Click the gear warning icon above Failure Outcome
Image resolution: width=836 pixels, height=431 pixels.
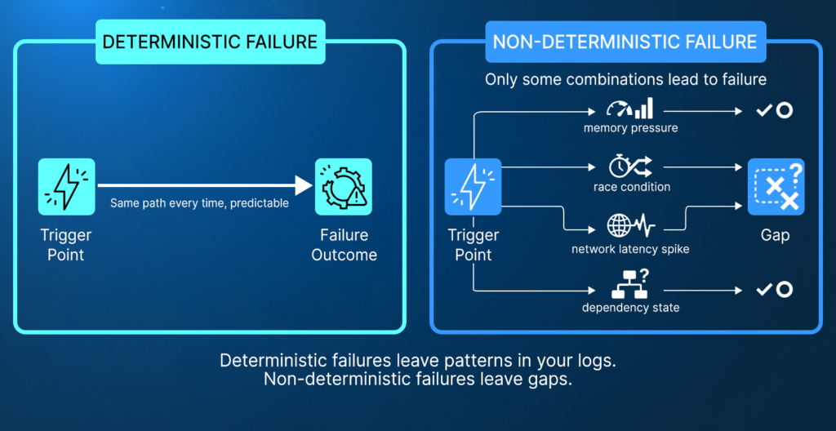(x=344, y=187)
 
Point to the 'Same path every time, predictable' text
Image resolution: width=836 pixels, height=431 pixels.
(x=199, y=203)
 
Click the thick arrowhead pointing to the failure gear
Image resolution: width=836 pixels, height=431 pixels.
(x=304, y=187)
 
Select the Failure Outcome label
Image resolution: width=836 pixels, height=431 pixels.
(x=344, y=245)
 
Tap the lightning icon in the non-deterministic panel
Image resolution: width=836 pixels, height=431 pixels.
(x=473, y=187)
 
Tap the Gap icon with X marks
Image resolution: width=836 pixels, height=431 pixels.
(x=776, y=187)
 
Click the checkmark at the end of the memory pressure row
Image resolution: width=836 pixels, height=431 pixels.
(x=765, y=109)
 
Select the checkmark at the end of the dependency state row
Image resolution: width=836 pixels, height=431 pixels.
(x=765, y=289)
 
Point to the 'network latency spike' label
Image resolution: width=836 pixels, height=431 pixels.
(x=630, y=249)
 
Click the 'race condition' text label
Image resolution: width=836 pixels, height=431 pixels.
(x=631, y=188)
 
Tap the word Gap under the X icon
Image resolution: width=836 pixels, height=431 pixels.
(x=775, y=235)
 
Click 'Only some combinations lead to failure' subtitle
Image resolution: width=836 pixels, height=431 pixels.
(x=625, y=80)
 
